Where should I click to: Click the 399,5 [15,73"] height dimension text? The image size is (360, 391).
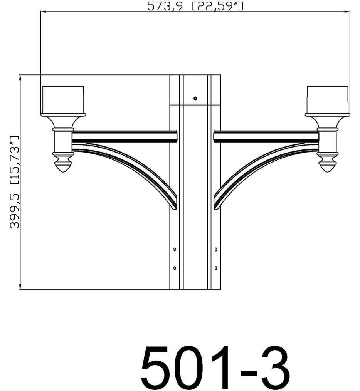tap(15, 182)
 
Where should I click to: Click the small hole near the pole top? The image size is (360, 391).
tap(195, 99)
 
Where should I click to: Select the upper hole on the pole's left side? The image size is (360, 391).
tap(175, 250)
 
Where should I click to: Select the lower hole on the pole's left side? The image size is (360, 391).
tap(175, 268)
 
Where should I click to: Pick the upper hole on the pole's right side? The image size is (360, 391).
tap(216, 250)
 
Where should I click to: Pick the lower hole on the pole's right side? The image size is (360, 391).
tap(216, 268)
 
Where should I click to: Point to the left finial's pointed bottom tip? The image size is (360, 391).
tap(63, 171)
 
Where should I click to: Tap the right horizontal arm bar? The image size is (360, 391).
tap(266, 136)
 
